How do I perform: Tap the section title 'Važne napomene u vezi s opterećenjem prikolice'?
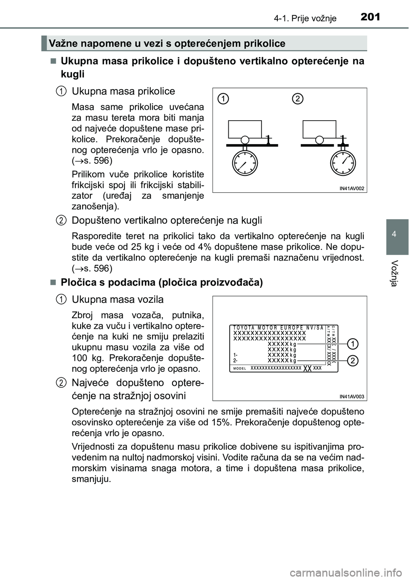(x=167, y=43)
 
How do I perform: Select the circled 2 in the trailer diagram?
(x=298, y=99)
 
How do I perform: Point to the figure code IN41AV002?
(x=352, y=188)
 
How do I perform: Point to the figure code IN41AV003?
(x=352, y=396)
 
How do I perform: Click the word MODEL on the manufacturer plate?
(x=241, y=368)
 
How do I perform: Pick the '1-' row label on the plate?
(x=236, y=354)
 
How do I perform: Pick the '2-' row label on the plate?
(x=236, y=360)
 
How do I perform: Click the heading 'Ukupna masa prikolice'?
(x=123, y=91)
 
